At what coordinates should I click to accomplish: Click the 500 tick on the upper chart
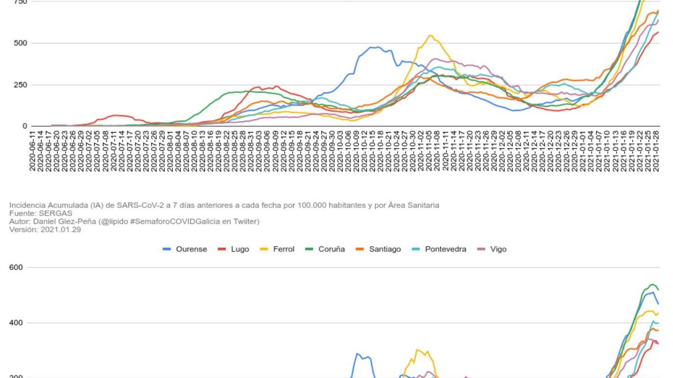pyautogui.click(x=20, y=43)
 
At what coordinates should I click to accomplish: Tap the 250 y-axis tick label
pyautogui.click(x=20, y=85)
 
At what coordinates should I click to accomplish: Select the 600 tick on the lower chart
pyautogui.click(x=16, y=268)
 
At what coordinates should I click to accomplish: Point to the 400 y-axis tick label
pyautogui.click(x=16, y=323)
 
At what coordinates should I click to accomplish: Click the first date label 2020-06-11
pyautogui.click(x=32, y=151)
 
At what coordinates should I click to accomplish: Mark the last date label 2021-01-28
pyautogui.click(x=656, y=151)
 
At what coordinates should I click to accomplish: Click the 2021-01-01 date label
pyautogui.click(x=583, y=151)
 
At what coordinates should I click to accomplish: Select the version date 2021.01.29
pyautogui.click(x=61, y=230)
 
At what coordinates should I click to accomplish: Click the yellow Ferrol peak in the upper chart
pyautogui.click(x=430, y=36)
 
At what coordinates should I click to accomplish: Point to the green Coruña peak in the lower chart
pyautogui.click(x=652, y=285)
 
